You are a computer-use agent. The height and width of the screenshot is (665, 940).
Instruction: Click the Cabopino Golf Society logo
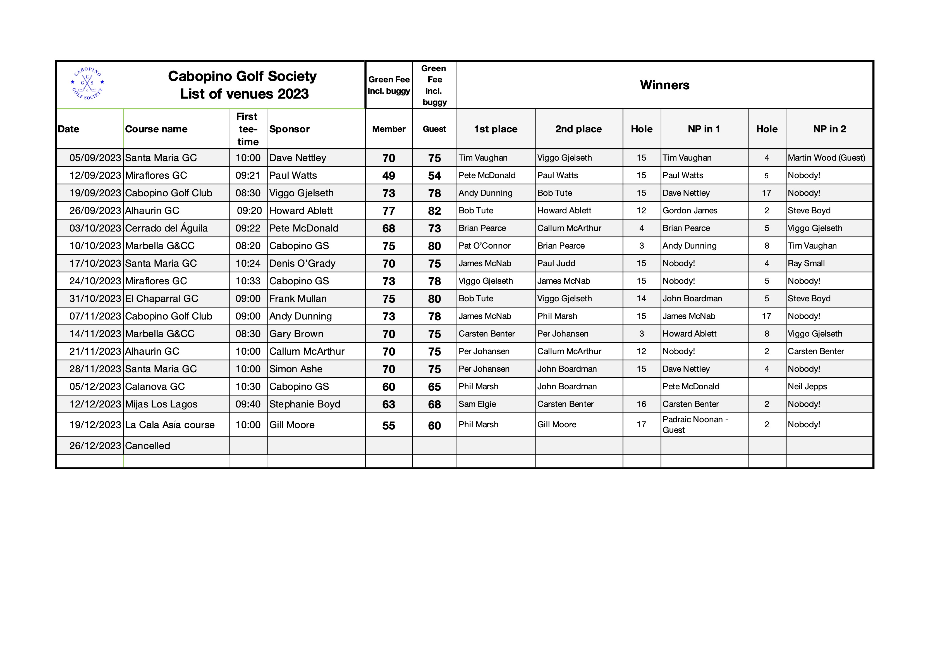tap(87, 84)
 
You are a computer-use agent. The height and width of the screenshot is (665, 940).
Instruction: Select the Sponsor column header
tap(290, 129)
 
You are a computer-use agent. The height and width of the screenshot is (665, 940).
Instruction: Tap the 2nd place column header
tap(578, 129)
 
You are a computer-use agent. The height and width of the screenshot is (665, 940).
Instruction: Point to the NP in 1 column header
tap(704, 129)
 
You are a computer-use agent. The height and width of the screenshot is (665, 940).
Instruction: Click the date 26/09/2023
tap(95, 211)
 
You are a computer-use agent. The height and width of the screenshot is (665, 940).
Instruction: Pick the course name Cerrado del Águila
tap(166, 228)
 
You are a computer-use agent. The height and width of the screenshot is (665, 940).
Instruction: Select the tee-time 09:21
tap(248, 175)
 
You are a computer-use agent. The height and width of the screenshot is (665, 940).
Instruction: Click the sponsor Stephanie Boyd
tap(305, 404)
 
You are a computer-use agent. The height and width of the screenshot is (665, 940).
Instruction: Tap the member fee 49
tap(389, 176)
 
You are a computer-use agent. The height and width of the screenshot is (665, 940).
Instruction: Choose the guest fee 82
tap(434, 211)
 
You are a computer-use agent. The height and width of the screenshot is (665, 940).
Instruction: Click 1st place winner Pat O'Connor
tap(484, 246)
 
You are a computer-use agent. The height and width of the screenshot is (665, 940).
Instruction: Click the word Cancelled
tap(147, 445)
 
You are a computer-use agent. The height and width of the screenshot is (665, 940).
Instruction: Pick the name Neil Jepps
tap(807, 387)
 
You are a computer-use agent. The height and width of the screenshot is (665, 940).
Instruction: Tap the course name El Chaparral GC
tap(161, 299)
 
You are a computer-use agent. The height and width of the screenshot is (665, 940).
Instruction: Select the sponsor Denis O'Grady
tap(302, 263)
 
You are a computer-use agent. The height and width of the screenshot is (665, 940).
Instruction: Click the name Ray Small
tap(806, 263)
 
